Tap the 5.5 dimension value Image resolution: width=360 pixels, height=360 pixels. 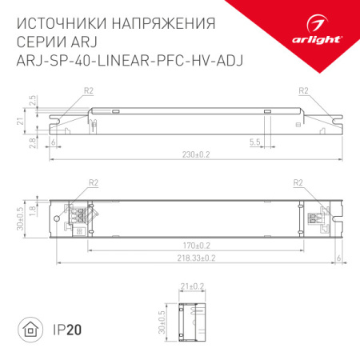[x=254, y=141]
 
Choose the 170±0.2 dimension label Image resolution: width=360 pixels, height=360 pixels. [x=196, y=245]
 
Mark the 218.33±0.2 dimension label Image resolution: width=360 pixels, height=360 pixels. [x=196, y=257]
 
